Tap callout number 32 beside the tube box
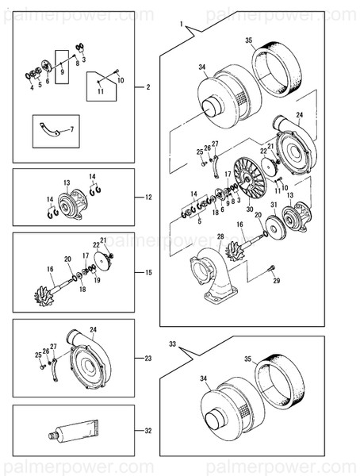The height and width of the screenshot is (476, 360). click(147, 431)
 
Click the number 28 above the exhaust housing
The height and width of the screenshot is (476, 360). click(220, 236)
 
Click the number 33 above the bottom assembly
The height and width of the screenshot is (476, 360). click(172, 344)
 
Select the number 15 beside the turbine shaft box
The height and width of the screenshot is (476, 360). click(147, 272)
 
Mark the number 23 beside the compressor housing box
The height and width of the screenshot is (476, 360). click(147, 358)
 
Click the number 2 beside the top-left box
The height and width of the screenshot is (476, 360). click(147, 86)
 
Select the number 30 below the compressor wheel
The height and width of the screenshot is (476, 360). click(249, 209)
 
